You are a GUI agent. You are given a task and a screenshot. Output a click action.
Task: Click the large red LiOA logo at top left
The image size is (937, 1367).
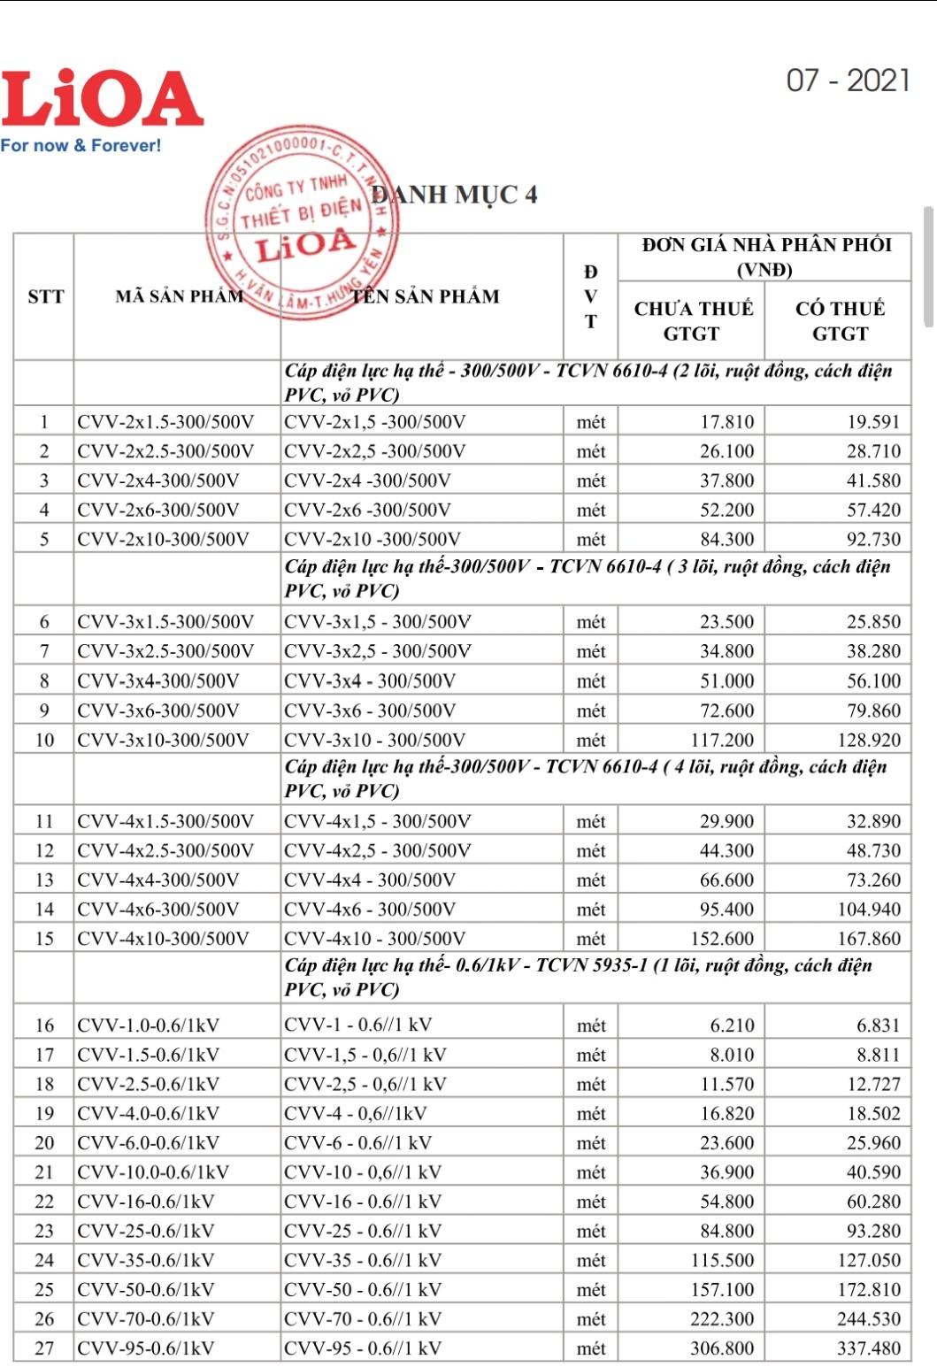coord(102,99)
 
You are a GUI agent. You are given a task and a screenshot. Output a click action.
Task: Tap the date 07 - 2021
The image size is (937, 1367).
coord(848,81)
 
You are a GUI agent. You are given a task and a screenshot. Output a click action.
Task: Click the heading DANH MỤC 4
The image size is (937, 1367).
coord(455,195)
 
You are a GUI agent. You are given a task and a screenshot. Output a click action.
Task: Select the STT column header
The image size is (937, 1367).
coord(45,296)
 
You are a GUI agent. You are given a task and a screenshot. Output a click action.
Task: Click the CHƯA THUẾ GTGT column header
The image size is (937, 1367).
coord(693,320)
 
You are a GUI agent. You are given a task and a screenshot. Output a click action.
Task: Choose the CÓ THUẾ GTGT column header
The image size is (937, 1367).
coord(839,320)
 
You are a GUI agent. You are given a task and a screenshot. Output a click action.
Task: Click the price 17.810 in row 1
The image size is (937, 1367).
coord(726,422)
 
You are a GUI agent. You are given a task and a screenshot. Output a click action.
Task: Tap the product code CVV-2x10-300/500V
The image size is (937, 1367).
coord(163,539)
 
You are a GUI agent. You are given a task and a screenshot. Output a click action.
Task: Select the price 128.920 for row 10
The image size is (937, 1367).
coord(869,740)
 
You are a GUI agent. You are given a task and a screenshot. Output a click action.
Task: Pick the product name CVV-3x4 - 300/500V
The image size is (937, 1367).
coord(370,680)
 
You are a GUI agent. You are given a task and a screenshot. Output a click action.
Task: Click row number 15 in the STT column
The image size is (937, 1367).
coord(44,938)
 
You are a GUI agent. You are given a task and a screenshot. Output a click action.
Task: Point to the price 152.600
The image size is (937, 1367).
coord(722,938)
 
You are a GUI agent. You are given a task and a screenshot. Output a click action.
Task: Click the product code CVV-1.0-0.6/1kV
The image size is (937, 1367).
coord(148,1025)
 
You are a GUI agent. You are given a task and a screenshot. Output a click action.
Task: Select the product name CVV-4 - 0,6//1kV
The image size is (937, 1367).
coord(355,1113)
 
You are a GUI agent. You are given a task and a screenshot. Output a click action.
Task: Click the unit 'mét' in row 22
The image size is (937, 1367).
coord(591,1202)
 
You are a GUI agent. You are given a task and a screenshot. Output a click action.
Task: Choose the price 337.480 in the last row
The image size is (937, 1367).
coord(869,1348)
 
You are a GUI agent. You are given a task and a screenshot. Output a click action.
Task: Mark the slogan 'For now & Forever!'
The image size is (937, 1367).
coord(81,145)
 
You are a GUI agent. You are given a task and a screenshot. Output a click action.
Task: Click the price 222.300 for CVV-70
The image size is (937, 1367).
coord(722,1319)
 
